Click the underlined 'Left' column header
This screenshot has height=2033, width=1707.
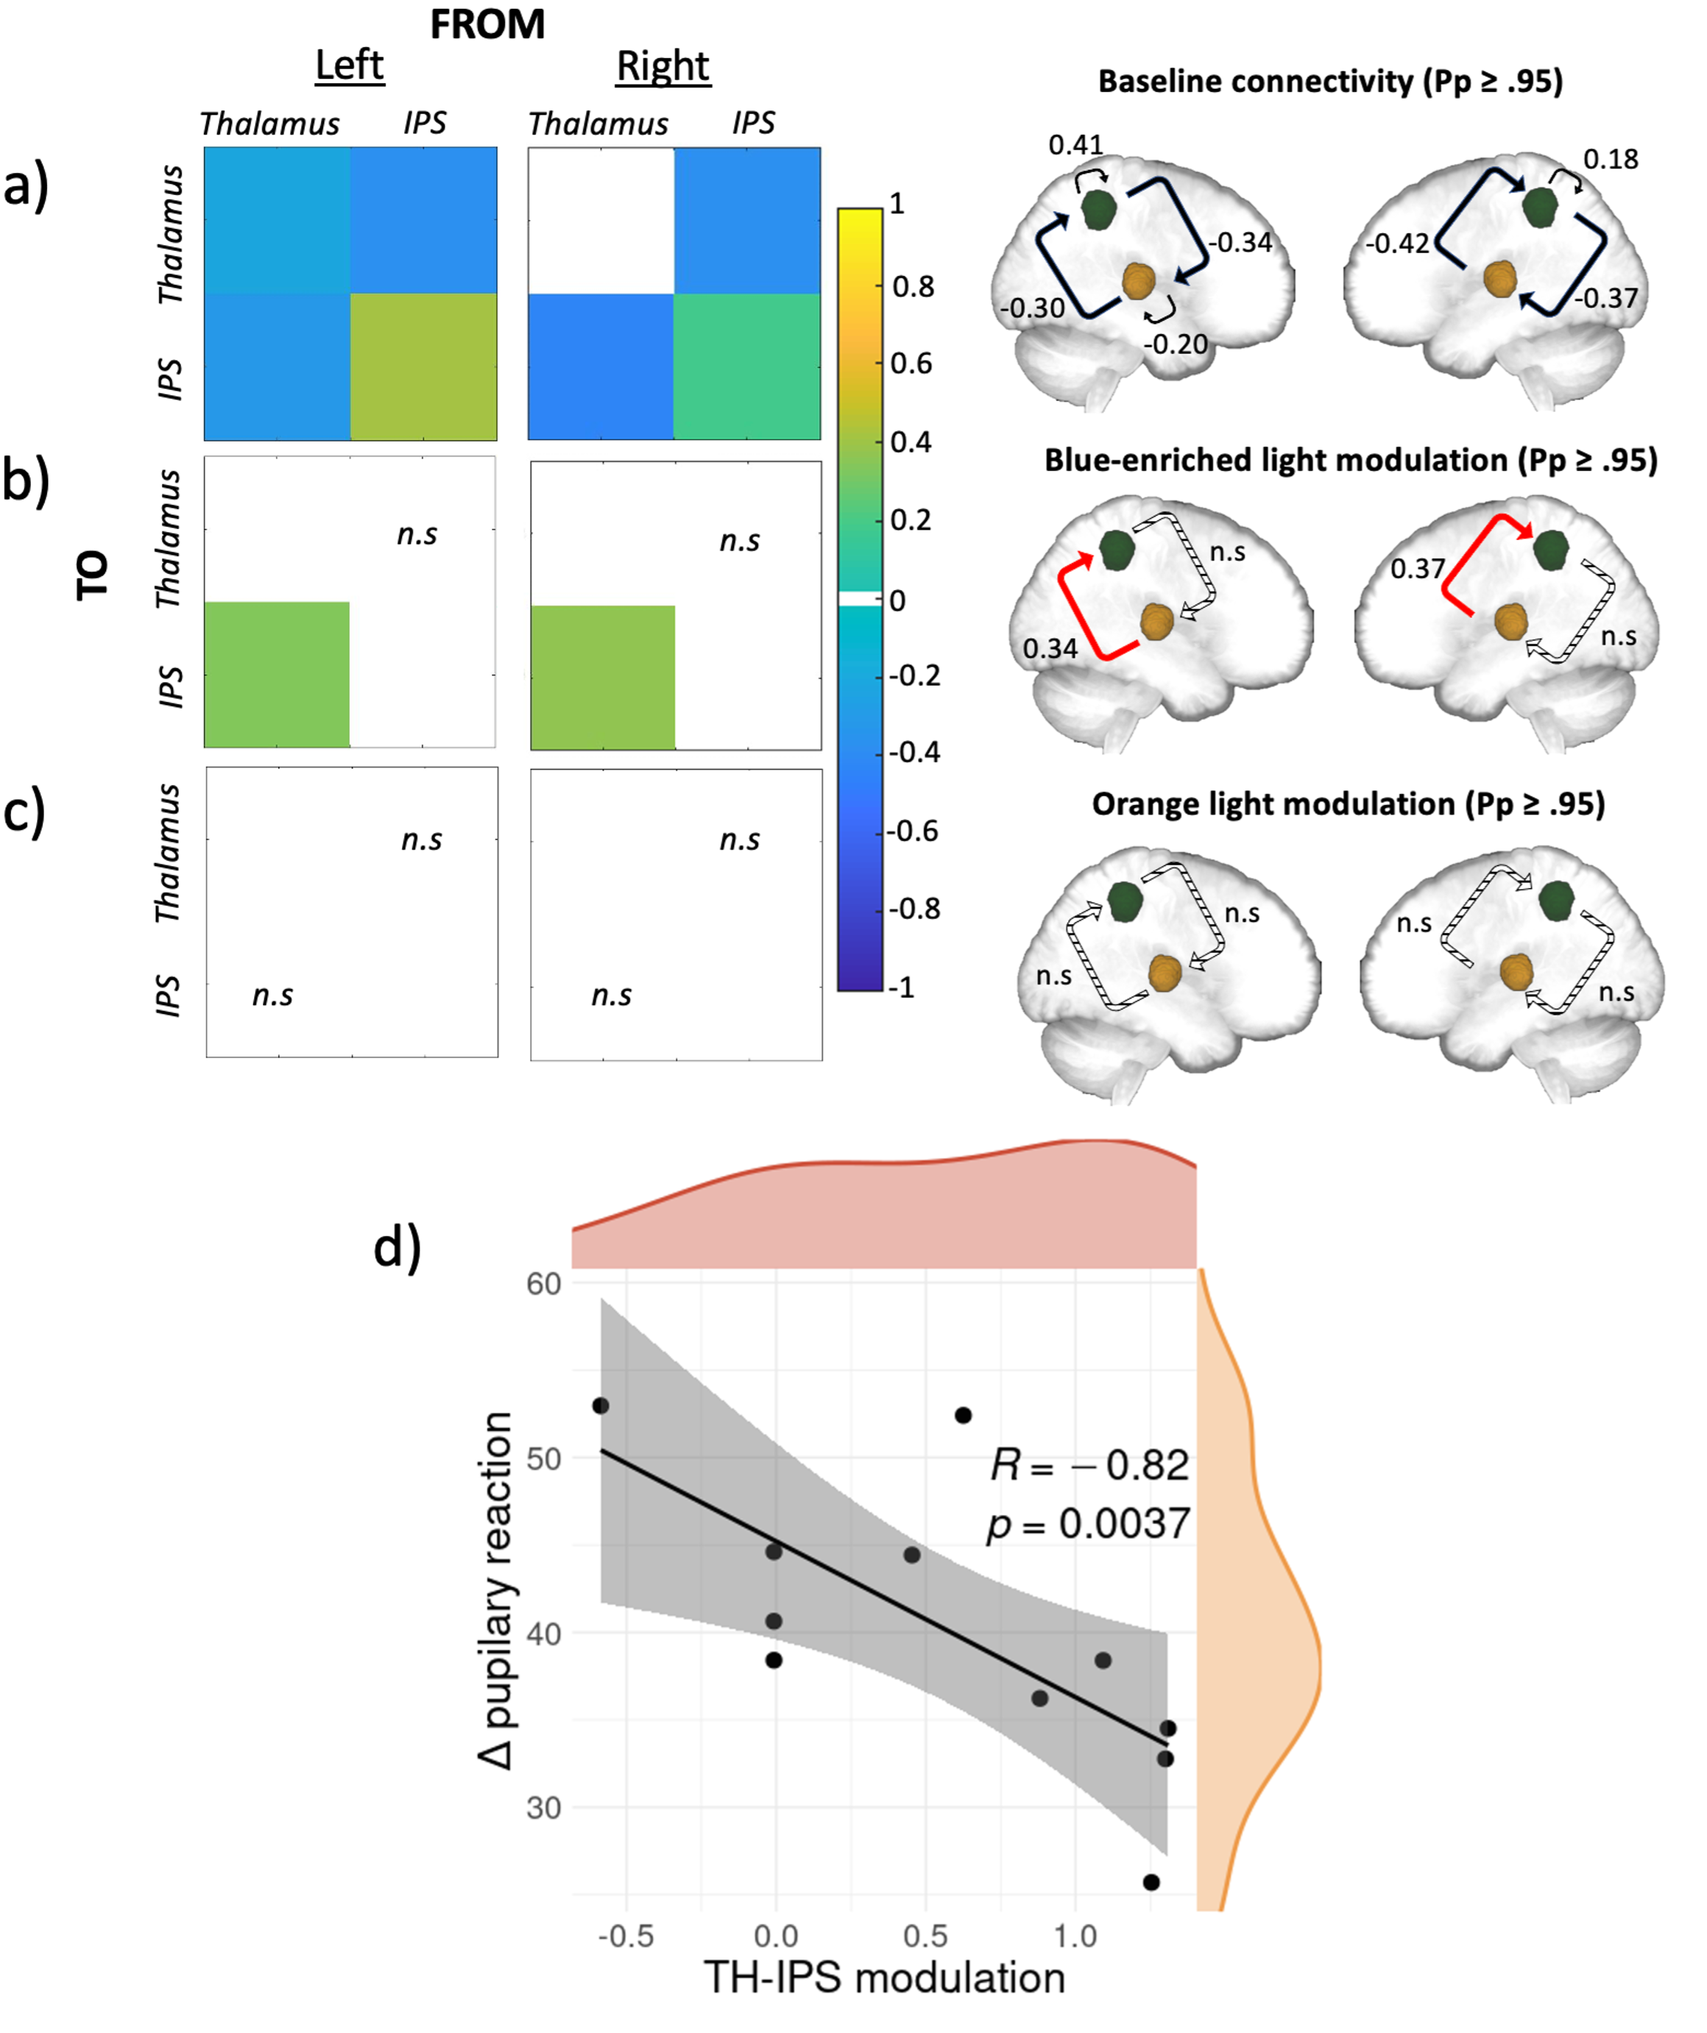(350, 65)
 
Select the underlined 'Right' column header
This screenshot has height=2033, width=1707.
(663, 65)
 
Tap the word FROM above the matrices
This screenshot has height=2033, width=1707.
(487, 24)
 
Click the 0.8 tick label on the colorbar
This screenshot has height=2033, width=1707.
(913, 286)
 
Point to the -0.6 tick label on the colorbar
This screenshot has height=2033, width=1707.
(914, 831)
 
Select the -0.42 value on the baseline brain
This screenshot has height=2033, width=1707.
(1397, 243)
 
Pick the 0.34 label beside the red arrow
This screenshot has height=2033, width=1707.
(1050, 647)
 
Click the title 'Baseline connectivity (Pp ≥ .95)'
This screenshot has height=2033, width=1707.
(1330, 82)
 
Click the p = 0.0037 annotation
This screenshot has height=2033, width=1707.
(1087, 1524)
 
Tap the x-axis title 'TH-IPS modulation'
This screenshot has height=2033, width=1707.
(885, 1977)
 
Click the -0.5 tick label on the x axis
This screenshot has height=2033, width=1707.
(626, 1934)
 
